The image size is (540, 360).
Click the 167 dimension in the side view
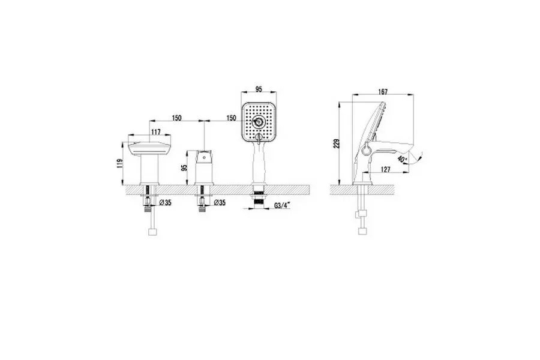coord(383,92)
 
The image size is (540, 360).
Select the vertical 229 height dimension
coord(337,143)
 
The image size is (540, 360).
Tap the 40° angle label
coord(401,159)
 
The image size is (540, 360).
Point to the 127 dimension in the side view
coord(386,169)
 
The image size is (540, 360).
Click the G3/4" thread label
coord(283,206)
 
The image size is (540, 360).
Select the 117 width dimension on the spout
coord(155,132)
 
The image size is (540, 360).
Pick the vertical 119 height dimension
coord(119,163)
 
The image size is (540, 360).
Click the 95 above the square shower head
coord(259,89)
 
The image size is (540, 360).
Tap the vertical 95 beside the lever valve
coord(184,168)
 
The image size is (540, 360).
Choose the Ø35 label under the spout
coord(166,203)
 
